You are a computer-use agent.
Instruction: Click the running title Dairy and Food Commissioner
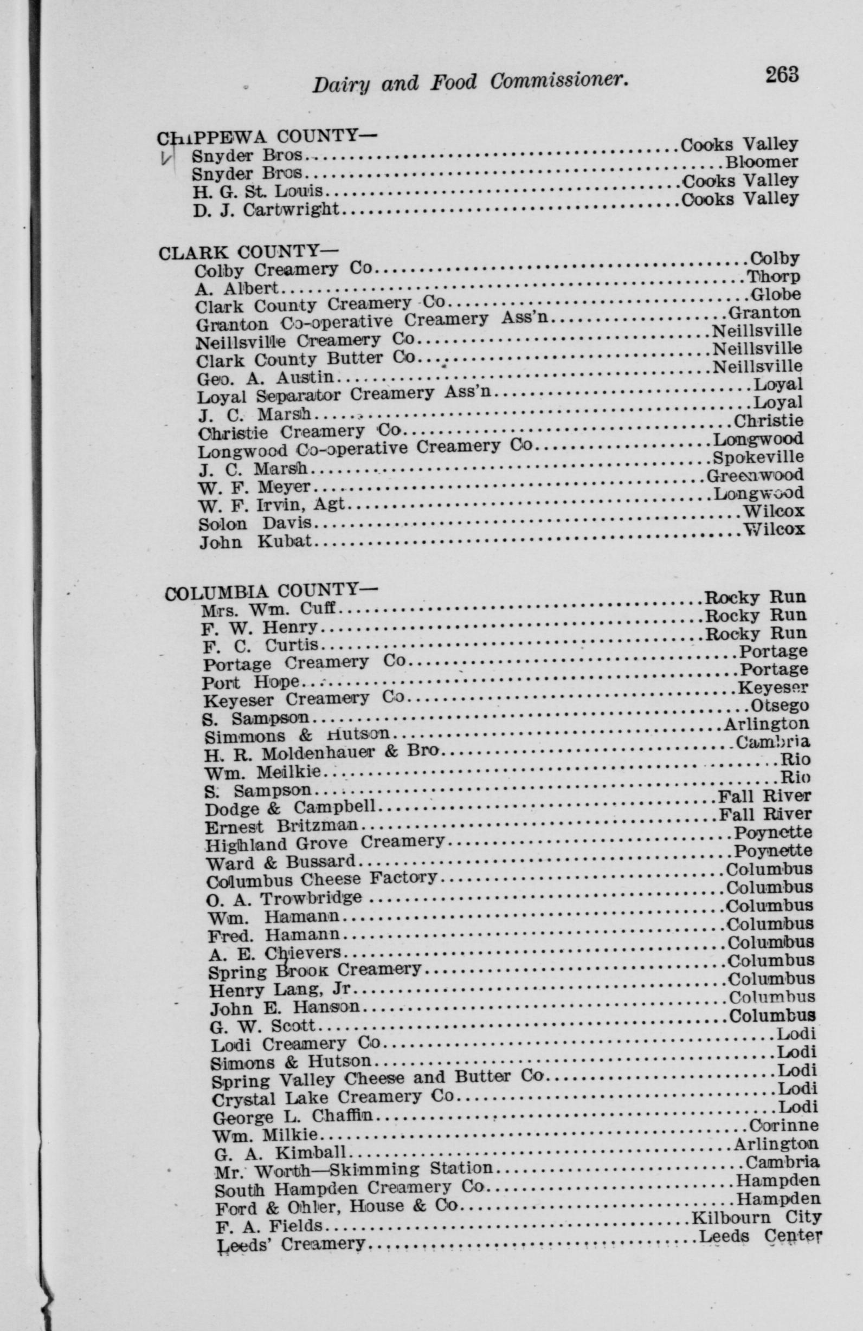[x=468, y=83]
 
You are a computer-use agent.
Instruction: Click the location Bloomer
[x=762, y=163]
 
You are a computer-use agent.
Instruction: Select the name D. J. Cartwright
[x=266, y=210]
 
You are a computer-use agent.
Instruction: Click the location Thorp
[x=774, y=276]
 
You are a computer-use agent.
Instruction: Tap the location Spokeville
[x=758, y=457]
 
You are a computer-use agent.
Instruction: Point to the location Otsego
[x=779, y=706]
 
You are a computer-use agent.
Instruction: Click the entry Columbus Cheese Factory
[x=321, y=880]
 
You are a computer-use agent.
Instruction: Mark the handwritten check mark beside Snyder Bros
[x=166, y=158]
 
